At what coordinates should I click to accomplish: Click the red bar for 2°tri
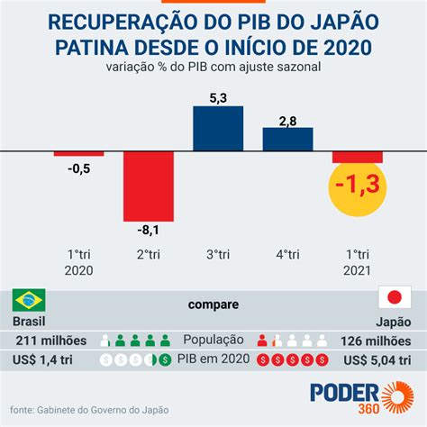pyautogui.click(x=149, y=186)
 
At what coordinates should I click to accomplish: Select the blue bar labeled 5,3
pyautogui.click(x=218, y=129)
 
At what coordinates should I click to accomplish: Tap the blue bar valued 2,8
pyautogui.click(x=287, y=140)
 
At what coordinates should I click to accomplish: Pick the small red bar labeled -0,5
pyautogui.click(x=79, y=154)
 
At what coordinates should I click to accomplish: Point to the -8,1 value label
pyautogui.click(x=148, y=231)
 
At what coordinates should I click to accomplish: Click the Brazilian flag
pyautogui.click(x=29, y=300)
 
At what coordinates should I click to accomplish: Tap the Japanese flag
pyautogui.click(x=395, y=297)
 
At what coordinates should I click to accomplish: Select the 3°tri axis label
pyautogui.click(x=218, y=255)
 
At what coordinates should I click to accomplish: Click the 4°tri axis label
pyautogui.click(x=287, y=255)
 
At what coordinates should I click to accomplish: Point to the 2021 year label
pyautogui.click(x=357, y=270)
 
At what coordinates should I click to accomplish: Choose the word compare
pyautogui.click(x=213, y=304)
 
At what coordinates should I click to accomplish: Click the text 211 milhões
pyautogui.click(x=51, y=341)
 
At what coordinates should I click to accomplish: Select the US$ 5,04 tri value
pyautogui.click(x=377, y=360)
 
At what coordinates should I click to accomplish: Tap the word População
pyautogui.click(x=213, y=341)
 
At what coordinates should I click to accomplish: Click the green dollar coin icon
pyautogui.click(x=165, y=359)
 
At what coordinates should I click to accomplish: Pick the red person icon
pyautogui.click(x=262, y=341)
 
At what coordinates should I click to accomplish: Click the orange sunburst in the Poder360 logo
pyautogui.click(x=398, y=397)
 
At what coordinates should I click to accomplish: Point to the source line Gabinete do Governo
pyautogui.click(x=89, y=410)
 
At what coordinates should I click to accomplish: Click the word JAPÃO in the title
pyautogui.click(x=345, y=22)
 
